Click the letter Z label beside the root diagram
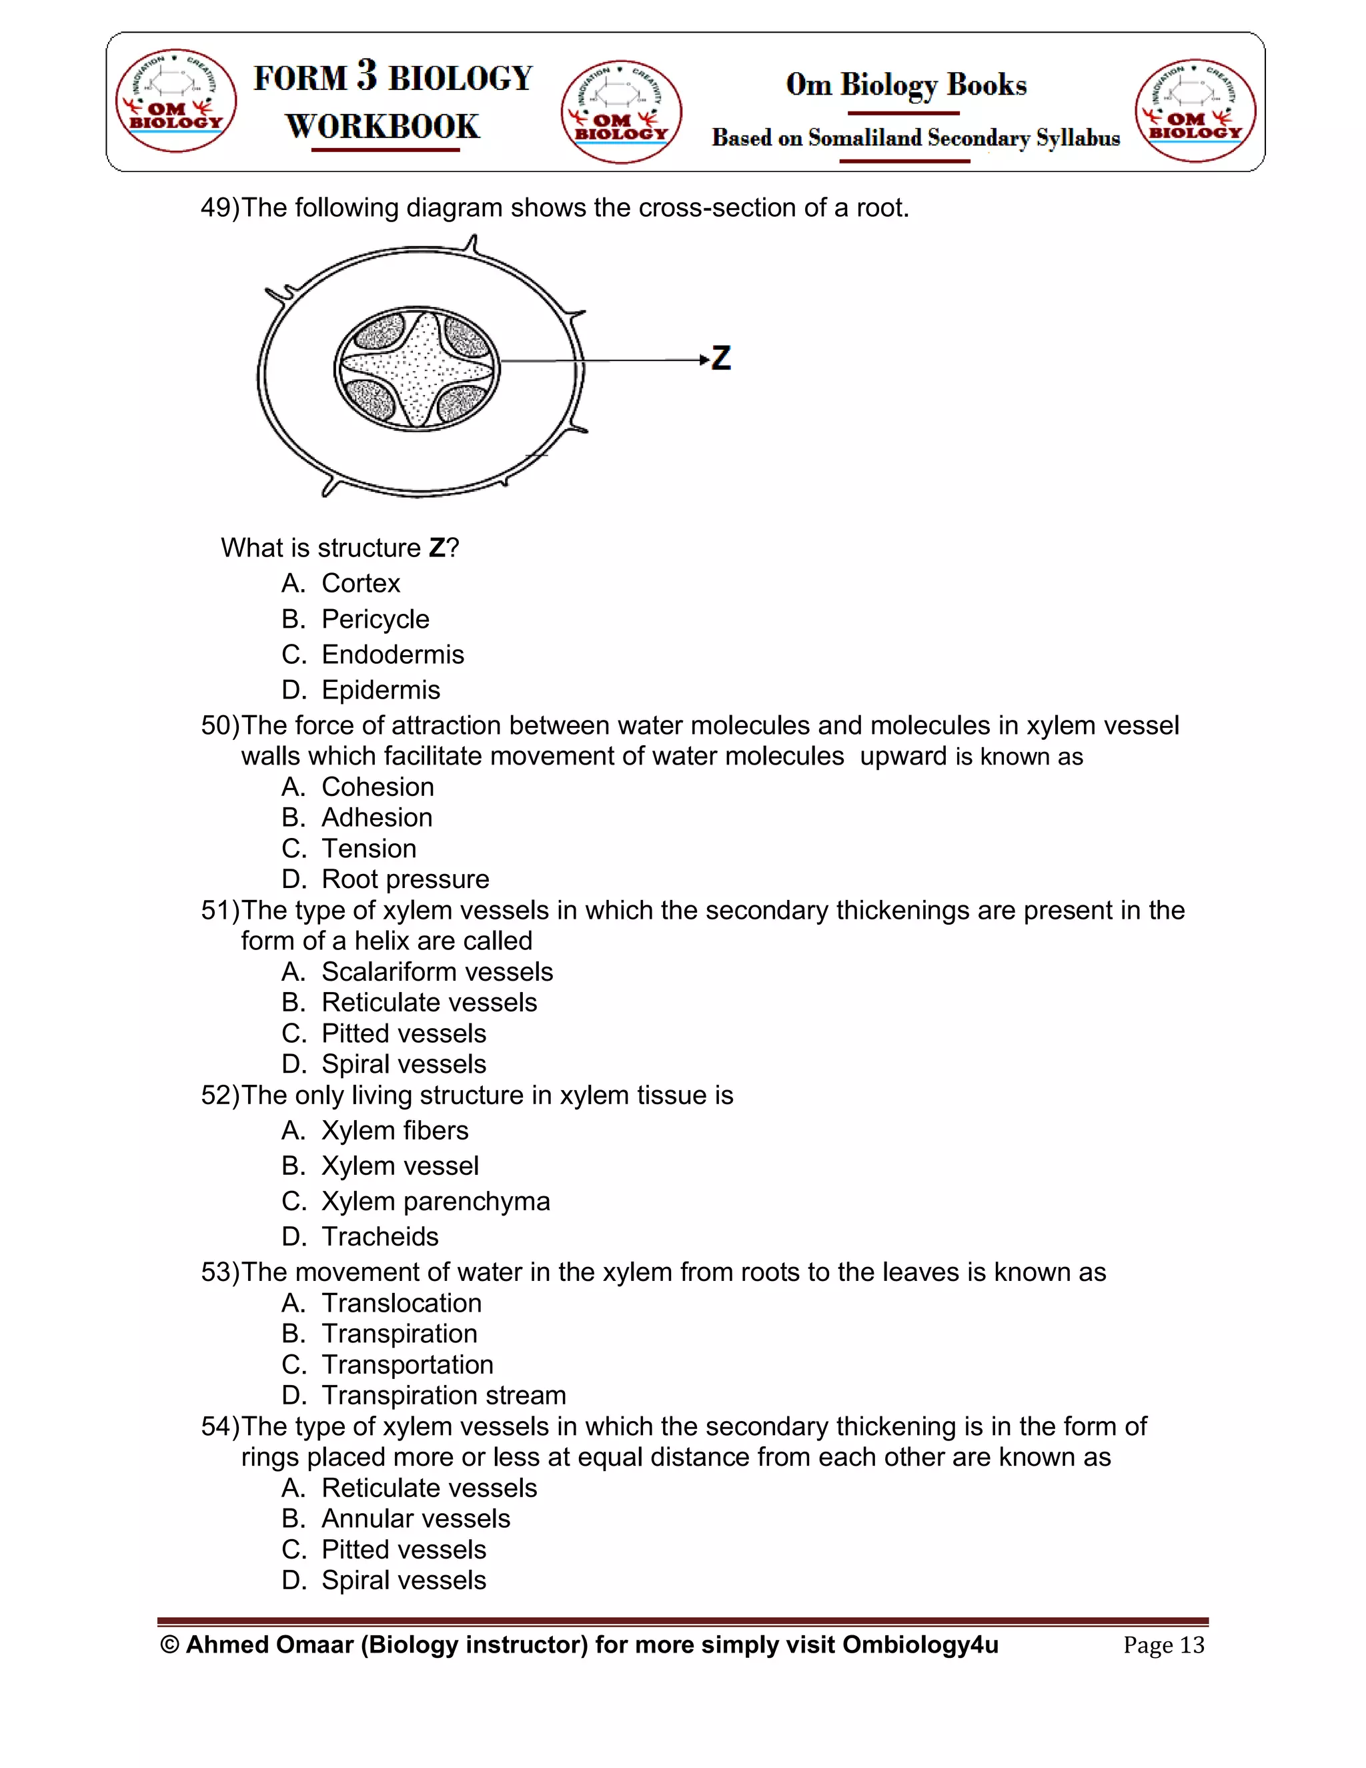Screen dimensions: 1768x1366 click(721, 358)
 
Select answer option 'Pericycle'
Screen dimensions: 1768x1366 click(375, 619)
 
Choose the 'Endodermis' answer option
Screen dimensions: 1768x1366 click(392, 655)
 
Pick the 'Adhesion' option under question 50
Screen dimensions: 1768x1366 click(376, 818)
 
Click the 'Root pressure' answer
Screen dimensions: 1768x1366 click(405, 879)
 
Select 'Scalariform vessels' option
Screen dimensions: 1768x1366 click(437, 971)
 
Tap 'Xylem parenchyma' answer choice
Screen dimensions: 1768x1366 click(436, 1202)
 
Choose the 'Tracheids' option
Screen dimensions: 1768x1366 click(380, 1237)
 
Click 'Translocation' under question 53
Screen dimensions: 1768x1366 click(402, 1304)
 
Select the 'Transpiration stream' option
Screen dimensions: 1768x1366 click(444, 1396)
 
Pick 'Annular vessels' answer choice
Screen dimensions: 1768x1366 click(416, 1518)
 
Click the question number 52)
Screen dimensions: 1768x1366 click(220, 1095)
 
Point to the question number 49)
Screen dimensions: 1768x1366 click(220, 208)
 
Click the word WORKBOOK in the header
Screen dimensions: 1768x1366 click(383, 126)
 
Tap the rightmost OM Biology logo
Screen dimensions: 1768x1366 click(1195, 111)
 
